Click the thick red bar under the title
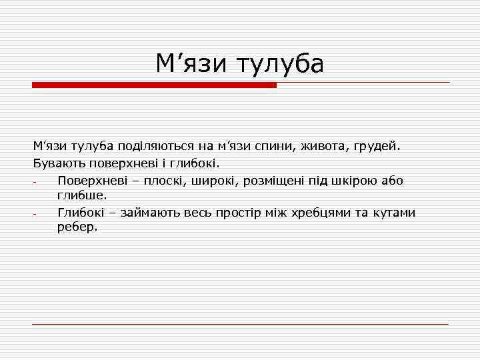point(154,85)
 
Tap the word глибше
point(81,195)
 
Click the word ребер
point(77,227)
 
